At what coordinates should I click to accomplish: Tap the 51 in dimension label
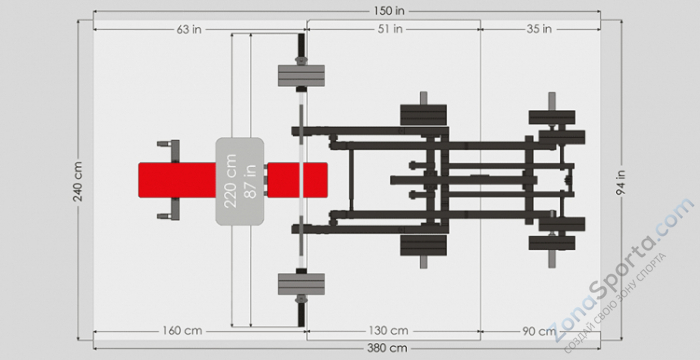(x=391, y=29)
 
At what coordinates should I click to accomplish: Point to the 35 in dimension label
(x=538, y=29)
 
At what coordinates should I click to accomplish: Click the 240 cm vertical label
(x=78, y=180)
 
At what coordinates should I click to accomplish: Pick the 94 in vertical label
(x=621, y=180)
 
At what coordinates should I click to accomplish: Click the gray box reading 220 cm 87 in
(x=240, y=180)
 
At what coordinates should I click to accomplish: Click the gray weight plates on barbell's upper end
(x=301, y=78)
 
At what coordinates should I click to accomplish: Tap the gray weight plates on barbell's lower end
(x=301, y=283)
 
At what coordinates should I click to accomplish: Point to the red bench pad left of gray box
(x=176, y=180)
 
